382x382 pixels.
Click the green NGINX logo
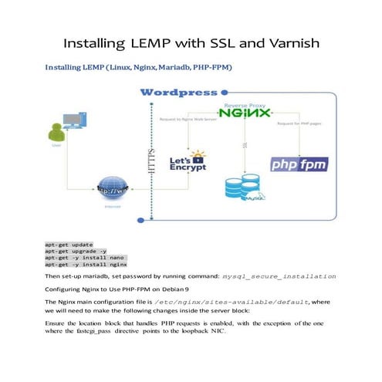[244, 113]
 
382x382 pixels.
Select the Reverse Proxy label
[244, 103]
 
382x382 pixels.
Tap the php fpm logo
[300, 164]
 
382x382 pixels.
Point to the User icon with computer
[65, 124]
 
